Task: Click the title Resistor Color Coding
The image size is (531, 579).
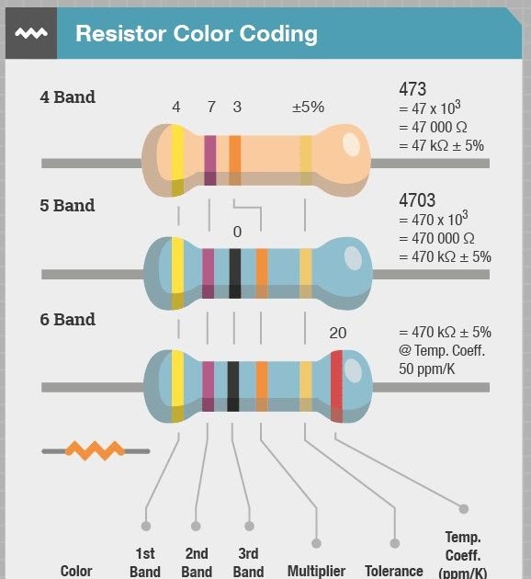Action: pos(197,34)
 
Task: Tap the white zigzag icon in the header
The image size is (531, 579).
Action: pos(31,33)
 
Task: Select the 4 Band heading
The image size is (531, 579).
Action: pos(68,97)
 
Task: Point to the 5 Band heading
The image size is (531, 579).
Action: pos(67,205)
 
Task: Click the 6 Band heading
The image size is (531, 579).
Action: pos(68,320)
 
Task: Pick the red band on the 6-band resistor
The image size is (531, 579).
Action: pos(336,386)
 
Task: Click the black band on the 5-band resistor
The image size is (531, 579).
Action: pos(235,273)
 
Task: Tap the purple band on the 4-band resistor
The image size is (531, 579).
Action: pos(210,160)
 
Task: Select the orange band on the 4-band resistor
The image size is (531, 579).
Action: pos(235,160)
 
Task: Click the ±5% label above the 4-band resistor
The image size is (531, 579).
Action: pos(308,108)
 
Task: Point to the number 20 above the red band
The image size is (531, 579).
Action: pos(338,333)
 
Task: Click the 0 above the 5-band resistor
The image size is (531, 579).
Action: pos(237,232)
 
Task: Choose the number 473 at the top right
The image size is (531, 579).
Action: pos(412,89)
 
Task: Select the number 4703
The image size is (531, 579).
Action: pos(417,200)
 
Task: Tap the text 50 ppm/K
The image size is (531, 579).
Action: pos(426,369)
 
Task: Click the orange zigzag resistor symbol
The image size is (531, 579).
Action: pos(96,450)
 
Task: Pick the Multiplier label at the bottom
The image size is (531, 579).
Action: pos(316,571)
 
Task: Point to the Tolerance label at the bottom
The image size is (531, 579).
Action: pos(394,571)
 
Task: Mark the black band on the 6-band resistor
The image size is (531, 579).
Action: pos(232,386)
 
